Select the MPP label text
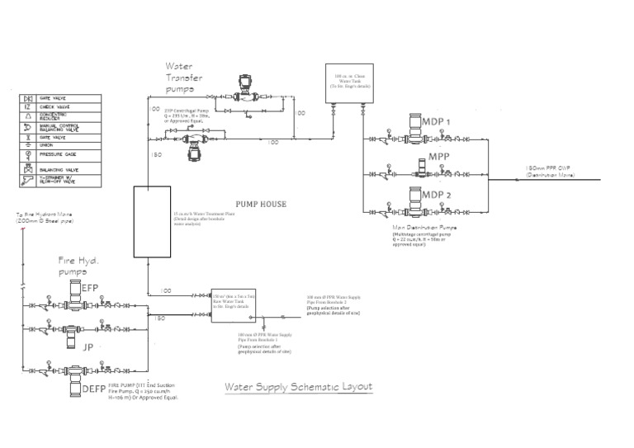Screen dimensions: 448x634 click(x=438, y=158)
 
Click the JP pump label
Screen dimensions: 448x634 click(x=88, y=347)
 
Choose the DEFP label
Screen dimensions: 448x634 click(x=92, y=388)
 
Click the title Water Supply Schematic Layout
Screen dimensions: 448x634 click(x=298, y=386)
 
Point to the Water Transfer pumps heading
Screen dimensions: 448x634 click(x=184, y=78)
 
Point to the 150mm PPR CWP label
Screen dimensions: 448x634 click(x=551, y=169)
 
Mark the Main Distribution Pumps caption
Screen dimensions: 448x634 click(x=424, y=226)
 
